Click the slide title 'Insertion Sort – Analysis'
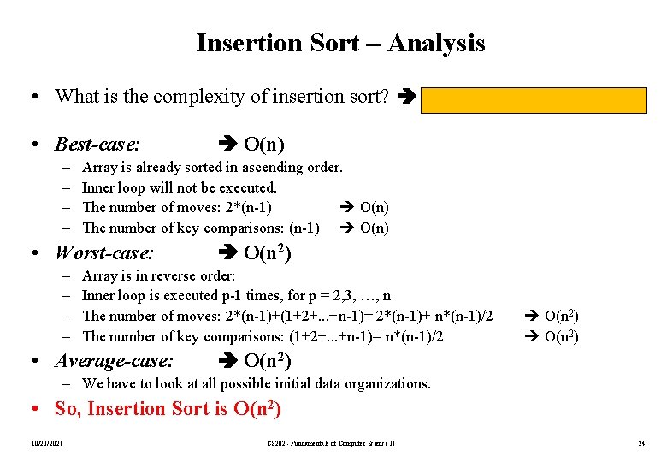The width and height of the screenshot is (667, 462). (x=340, y=43)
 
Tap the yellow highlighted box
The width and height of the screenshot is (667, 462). (x=533, y=100)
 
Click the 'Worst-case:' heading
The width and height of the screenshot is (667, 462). (x=104, y=252)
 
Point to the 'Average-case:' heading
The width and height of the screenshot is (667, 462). (x=114, y=360)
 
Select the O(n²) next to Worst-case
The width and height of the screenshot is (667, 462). (x=268, y=252)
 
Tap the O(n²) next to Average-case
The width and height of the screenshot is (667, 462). (x=268, y=360)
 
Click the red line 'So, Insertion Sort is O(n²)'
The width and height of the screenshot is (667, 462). (x=168, y=409)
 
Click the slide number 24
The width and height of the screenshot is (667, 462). (x=640, y=442)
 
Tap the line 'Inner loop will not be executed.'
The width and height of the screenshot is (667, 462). (x=180, y=187)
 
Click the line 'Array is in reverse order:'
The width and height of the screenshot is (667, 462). (x=158, y=275)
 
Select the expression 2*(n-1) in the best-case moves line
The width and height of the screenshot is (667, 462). (x=248, y=206)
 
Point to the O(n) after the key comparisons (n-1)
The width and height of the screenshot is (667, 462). (x=374, y=227)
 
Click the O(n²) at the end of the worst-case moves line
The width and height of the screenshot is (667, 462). (x=561, y=317)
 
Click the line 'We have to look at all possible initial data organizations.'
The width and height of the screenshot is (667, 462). (x=257, y=384)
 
